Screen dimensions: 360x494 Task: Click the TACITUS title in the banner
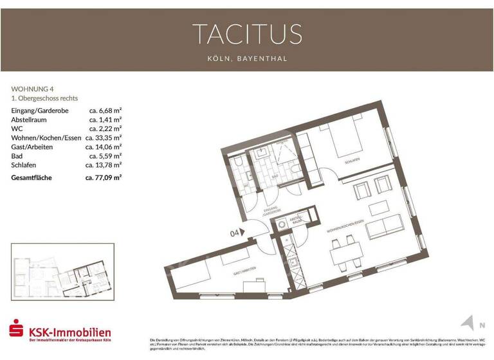247,33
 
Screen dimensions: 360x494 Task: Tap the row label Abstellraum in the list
31,120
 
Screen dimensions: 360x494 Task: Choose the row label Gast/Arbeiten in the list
32,147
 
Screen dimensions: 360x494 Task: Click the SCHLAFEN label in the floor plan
351,161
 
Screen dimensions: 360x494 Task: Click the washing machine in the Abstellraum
282,225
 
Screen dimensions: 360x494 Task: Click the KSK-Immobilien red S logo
15,330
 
